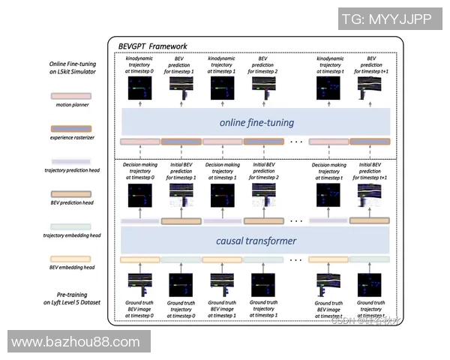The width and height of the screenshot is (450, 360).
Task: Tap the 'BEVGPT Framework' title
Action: (153, 46)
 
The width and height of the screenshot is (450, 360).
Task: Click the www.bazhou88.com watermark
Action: (76, 342)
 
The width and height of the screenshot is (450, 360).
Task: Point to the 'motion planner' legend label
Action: (68, 105)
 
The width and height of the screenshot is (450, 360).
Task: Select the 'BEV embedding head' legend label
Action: (68, 267)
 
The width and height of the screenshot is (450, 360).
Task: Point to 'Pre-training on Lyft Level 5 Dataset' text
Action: (68, 298)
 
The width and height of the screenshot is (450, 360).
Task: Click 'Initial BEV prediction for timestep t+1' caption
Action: (370, 170)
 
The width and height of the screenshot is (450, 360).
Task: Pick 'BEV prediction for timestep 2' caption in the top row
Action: (263, 65)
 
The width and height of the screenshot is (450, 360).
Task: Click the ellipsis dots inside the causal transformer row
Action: (295, 259)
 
